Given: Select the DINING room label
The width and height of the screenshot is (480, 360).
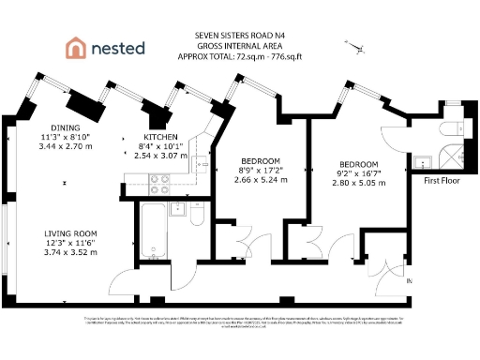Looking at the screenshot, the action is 66,127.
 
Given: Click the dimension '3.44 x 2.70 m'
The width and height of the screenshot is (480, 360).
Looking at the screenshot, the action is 66,147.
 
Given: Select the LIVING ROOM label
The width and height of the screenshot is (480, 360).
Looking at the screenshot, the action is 72,233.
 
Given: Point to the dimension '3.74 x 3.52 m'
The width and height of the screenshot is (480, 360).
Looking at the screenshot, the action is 72,252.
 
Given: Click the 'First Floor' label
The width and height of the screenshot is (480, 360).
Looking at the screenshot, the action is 442,180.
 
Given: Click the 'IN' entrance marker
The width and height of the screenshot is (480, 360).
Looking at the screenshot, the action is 409,281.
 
